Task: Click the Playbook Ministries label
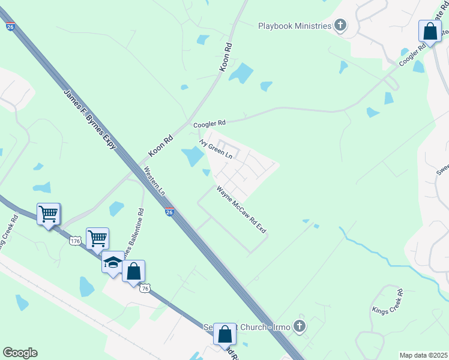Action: coord(295,26)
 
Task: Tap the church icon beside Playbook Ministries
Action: coord(340,25)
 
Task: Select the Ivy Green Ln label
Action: coord(216,148)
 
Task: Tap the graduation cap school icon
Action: coord(112,263)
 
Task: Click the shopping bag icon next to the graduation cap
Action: coord(133,271)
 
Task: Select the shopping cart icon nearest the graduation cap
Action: coord(97,238)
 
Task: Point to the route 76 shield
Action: coord(145,289)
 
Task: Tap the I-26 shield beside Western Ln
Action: coord(170,211)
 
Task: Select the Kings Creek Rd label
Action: coord(390,302)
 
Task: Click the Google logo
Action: coord(20,353)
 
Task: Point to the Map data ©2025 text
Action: coord(423,355)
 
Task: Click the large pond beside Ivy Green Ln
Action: coord(193,157)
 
